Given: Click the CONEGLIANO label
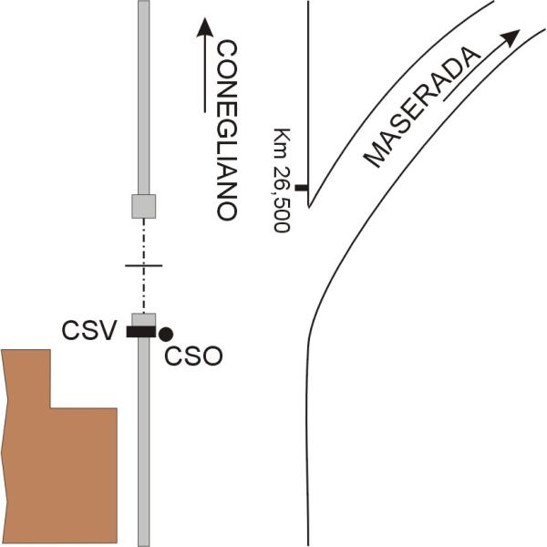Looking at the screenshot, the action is coord(227,130).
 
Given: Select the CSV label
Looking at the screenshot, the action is coord(88,331).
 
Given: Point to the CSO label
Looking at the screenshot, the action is coord(193,356).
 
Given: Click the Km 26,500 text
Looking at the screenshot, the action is coord(282,180).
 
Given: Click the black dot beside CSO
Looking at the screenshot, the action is coord(166,335).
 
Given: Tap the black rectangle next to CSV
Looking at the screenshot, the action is coord(141,332).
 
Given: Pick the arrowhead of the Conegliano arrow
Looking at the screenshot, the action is coord(205,27).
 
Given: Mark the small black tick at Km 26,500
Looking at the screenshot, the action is coord(302,188).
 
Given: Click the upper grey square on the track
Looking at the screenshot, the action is coord(143,207).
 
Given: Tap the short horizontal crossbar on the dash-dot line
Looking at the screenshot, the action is coord(144,266).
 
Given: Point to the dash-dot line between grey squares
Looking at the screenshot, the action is coord(144,266).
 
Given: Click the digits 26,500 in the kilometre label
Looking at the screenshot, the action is coord(282,199).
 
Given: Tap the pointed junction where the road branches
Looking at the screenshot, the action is coord(309,207).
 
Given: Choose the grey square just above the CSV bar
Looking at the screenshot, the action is coord(143,320).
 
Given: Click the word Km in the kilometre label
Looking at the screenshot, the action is coord(282,143).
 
